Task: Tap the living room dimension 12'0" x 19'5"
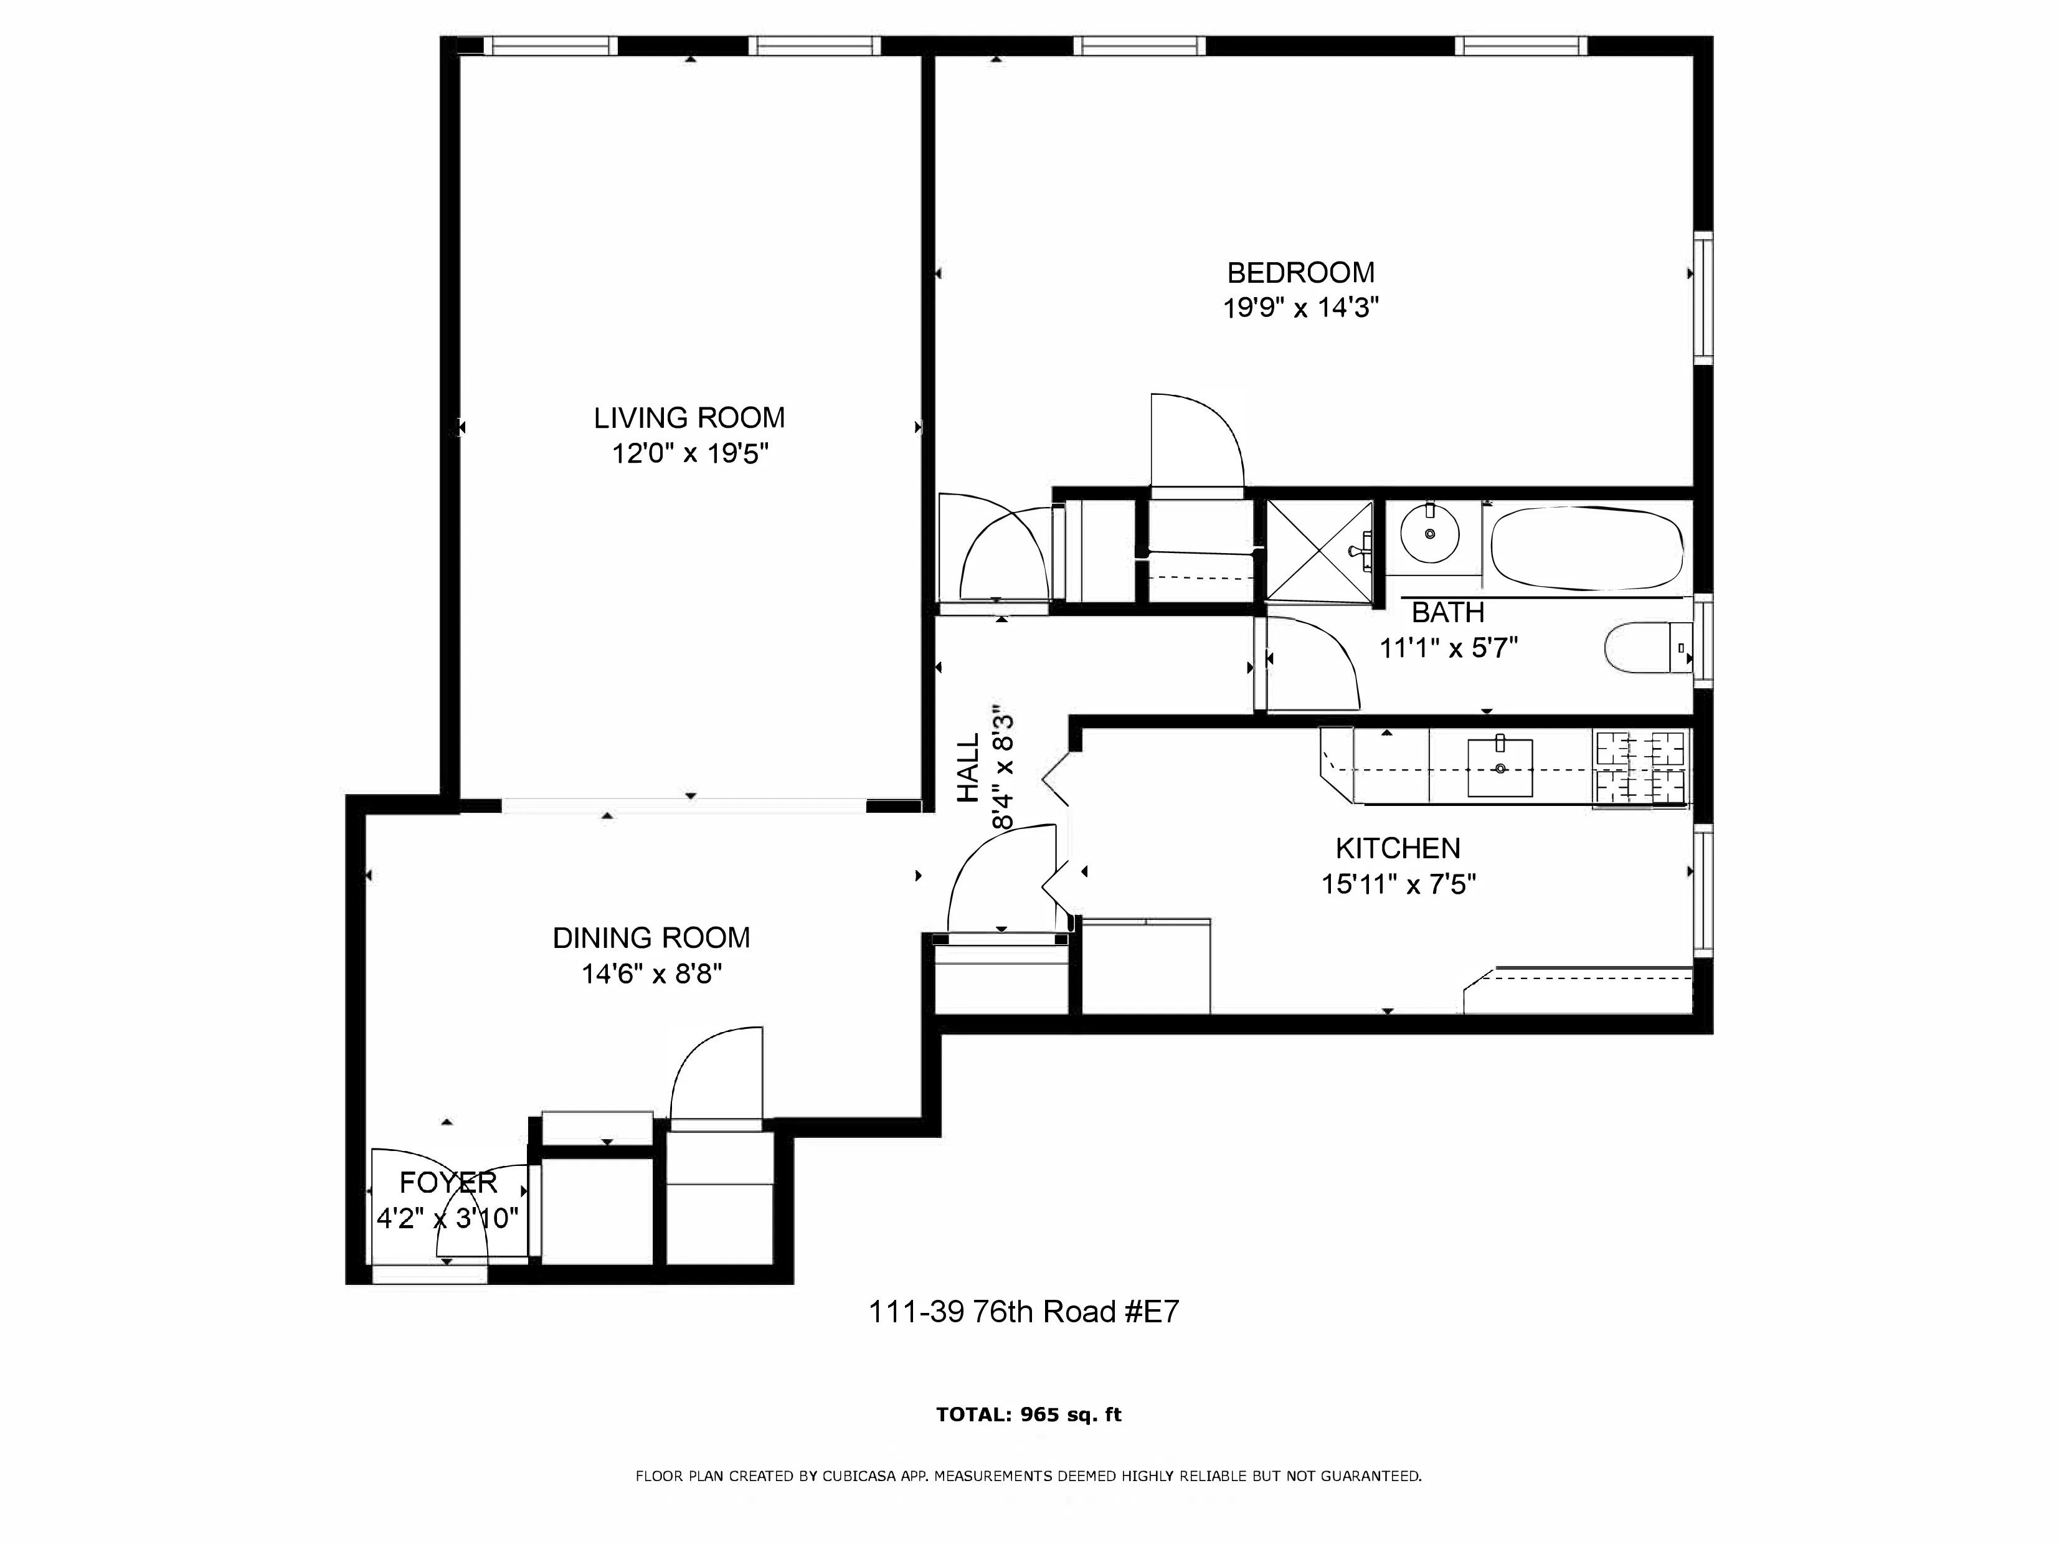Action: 689,454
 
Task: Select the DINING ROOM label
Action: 651,937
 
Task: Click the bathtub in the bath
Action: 1586,547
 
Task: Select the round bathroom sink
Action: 1429,533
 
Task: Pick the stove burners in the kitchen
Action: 1641,768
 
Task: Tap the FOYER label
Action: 448,1182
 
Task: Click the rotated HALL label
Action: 970,768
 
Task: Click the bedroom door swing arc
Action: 1205,437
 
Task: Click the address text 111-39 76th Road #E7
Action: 1023,1311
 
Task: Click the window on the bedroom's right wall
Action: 1703,298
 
